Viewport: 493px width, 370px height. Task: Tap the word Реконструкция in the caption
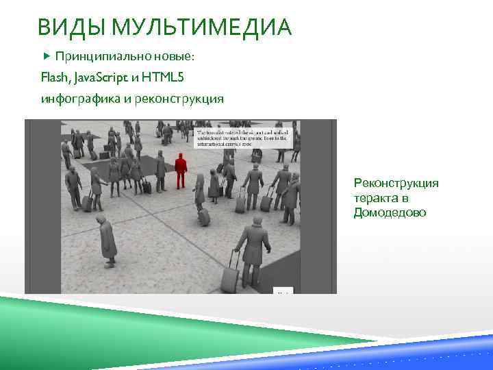tap(396, 183)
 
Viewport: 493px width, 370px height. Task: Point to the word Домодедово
tap(389, 213)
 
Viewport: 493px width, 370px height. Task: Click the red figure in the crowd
tap(181, 170)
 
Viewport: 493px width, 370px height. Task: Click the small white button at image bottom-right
tap(283, 292)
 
